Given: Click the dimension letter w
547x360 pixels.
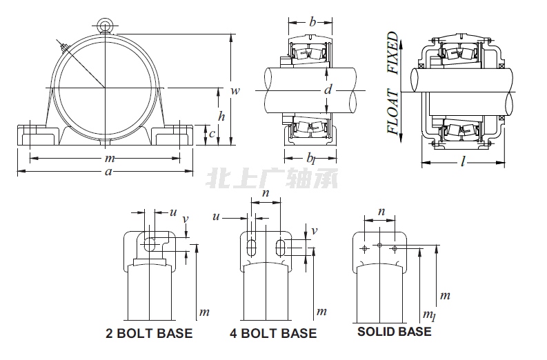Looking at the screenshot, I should (x=235, y=91).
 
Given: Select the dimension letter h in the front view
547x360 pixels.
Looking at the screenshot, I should (x=221, y=116).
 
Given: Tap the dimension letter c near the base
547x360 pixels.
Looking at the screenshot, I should (x=212, y=134).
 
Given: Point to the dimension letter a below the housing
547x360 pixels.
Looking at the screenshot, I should (x=108, y=172).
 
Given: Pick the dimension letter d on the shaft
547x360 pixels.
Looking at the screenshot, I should (x=328, y=89).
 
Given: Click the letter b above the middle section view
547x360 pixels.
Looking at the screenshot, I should (x=312, y=23).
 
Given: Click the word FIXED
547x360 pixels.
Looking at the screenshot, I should (x=392, y=52).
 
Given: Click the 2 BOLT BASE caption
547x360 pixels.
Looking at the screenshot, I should (x=149, y=334).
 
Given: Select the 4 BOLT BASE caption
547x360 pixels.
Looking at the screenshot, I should (x=273, y=334).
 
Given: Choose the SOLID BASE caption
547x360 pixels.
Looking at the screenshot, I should (x=394, y=332).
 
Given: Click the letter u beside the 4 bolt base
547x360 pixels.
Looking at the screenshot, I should (x=216, y=217).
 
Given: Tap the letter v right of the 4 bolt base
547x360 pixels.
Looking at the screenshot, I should (x=314, y=231).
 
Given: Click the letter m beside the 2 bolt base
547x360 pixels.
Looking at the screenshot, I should (x=203, y=312).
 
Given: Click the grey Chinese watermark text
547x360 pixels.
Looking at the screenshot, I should (x=272, y=180).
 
